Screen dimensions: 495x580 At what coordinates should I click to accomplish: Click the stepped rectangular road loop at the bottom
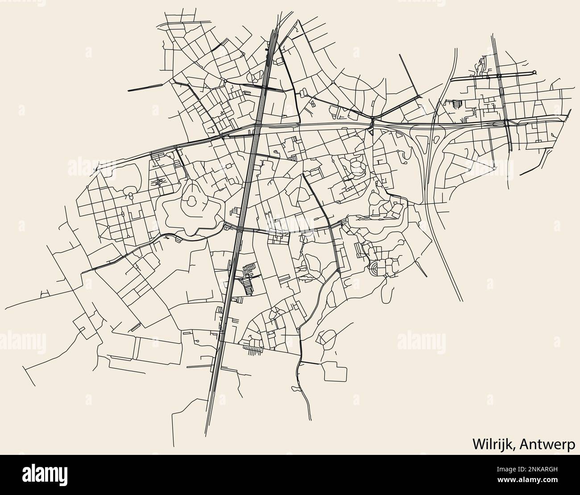tap(335, 371)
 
